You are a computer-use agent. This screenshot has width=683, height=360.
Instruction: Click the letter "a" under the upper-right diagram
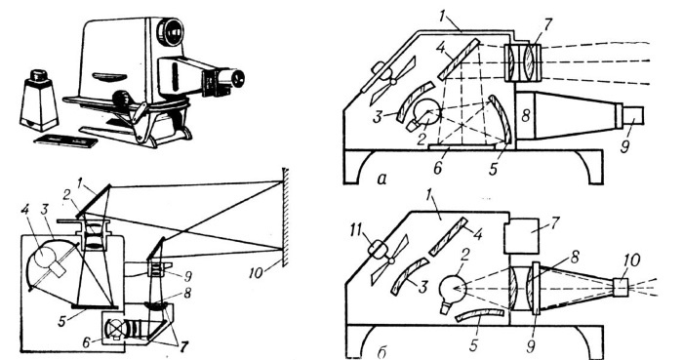point(382,179)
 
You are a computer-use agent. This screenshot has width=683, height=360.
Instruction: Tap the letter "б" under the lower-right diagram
point(382,352)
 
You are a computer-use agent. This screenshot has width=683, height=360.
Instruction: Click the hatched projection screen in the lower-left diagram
point(285,217)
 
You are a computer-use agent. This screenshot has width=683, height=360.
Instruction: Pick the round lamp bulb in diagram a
point(427,112)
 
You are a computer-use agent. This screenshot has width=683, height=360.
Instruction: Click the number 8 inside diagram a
point(526,116)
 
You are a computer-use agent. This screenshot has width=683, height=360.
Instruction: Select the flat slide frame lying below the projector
point(65,140)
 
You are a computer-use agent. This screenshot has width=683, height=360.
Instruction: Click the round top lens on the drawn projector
point(169,30)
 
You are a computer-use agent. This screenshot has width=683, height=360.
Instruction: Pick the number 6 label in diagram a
point(437,168)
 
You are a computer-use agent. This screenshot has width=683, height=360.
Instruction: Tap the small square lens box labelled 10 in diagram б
point(620,288)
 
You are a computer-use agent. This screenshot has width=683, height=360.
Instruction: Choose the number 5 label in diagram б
point(473,344)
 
